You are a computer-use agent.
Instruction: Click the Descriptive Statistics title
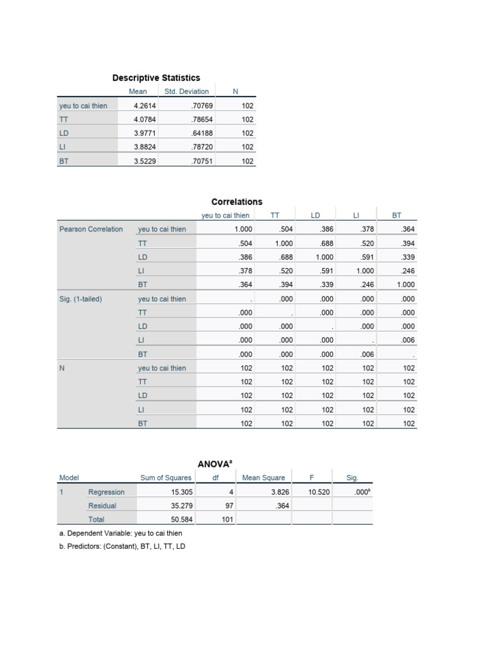pyautogui.click(x=156, y=78)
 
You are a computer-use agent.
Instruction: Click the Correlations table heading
pyautogui.click(x=237, y=202)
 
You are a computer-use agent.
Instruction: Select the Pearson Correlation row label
pyautogui.click(x=91, y=229)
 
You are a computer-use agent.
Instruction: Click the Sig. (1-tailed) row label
pyautogui.click(x=81, y=299)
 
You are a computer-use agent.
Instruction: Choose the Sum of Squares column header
pyautogui.click(x=165, y=478)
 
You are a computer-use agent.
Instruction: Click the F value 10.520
pyautogui.click(x=319, y=492)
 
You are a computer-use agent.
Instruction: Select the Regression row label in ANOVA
pyautogui.click(x=106, y=492)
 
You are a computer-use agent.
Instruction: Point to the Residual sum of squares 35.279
pyautogui.click(x=182, y=506)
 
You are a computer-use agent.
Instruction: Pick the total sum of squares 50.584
pyautogui.click(x=182, y=520)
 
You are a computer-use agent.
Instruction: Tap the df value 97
pyautogui.click(x=230, y=506)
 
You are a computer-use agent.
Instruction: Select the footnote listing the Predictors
pyautogui.click(x=122, y=546)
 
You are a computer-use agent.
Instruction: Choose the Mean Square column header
pyautogui.click(x=263, y=478)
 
